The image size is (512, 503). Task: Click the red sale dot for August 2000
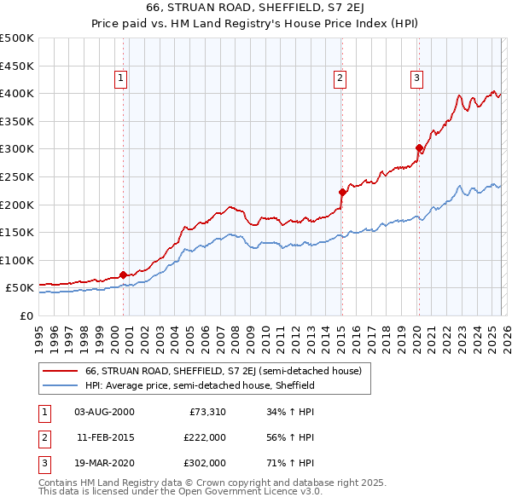(x=123, y=275)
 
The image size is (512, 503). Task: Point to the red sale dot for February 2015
(x=341, y=192)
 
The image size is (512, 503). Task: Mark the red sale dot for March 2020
(x=419, y=147)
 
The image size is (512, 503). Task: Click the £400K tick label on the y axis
(x=17, y=93)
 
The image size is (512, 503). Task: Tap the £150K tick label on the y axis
(x=17, y=232)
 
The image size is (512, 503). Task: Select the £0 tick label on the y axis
(x=25, y=315)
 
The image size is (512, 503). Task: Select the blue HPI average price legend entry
(x=200, y=385)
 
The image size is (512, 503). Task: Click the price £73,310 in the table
(x=207, y=411)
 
